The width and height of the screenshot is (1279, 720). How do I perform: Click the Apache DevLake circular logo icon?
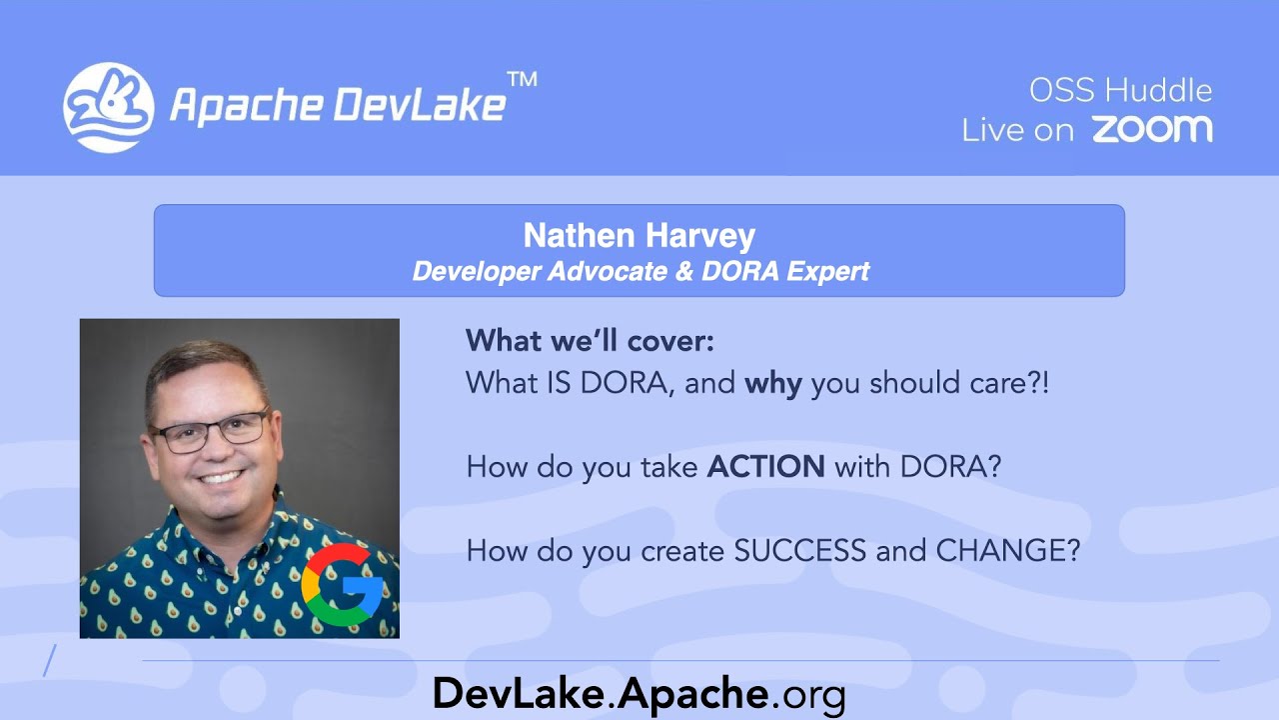[108, 107]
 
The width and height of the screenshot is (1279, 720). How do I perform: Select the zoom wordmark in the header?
[1151, 129]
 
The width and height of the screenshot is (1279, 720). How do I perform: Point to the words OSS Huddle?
[1120, 91]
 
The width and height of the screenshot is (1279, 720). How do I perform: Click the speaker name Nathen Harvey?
[639, 236]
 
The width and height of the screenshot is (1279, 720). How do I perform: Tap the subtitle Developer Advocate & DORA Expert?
[640, 271]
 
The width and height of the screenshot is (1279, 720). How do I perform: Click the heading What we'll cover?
[590, 341]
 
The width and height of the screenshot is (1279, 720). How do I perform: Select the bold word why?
[773, 383]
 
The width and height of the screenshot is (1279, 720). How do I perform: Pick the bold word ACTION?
[765, 467]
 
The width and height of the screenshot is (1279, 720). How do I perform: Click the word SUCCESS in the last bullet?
[800, 551]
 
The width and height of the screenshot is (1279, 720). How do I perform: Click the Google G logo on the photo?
[343, 584]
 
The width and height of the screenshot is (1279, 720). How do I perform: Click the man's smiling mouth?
[222, 477]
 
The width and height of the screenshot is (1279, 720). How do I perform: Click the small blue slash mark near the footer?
[50, 661]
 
